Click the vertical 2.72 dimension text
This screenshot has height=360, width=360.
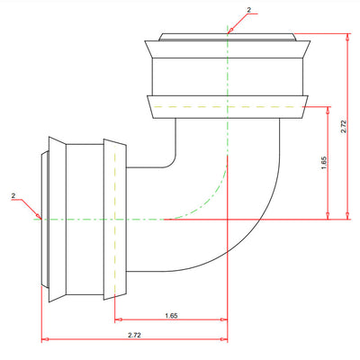tap(344, 127)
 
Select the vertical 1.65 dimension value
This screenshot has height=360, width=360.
tap(324, 163)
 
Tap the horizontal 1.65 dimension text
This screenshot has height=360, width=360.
tap(171, 315)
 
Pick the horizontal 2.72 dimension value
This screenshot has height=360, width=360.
tap(134, 335)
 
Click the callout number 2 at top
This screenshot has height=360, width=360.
tap(248, 10)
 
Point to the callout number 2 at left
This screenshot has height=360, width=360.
tap(13, 195)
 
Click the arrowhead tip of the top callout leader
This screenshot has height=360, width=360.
tap(228, 33)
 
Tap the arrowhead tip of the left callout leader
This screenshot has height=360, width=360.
tap(41, 219)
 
